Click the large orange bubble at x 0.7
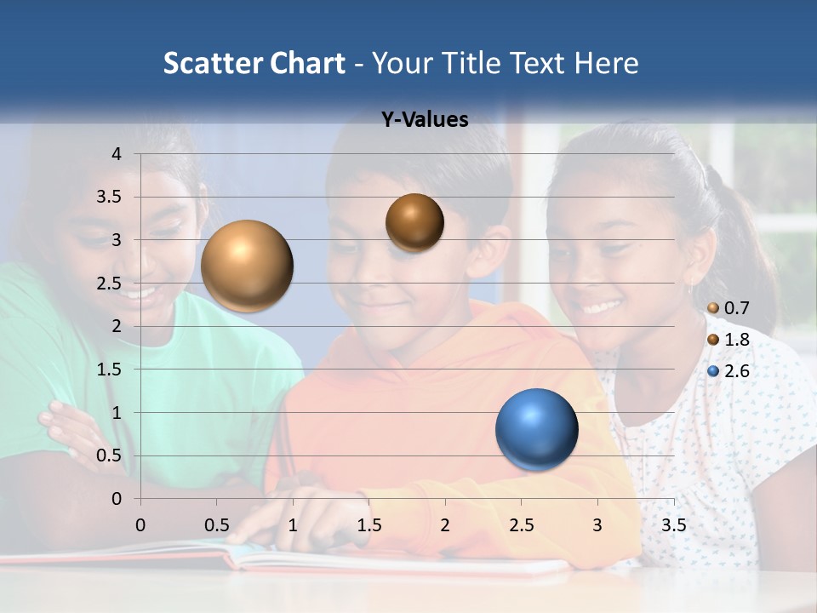click(x=248, y=266)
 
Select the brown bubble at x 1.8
click(x=414, y=222)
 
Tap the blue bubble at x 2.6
click(x=536, y=429)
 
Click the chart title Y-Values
click(x=425, y=120)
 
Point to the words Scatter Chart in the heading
click(x=254, y=63)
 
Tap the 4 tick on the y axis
click(x=117, y=154)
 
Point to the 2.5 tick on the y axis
click(x=109, y=284)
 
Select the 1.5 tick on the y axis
click(x=109, y=370)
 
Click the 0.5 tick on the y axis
click(x=109, y=455)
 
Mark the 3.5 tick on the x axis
click(x=673, y=525)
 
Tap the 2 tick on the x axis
click(x=445, y=525)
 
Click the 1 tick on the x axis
click(x=293, y=525)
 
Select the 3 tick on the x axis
click(x=597, y=525)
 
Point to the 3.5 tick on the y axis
click(x=109, y=197)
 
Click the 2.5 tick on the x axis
click(x=521, y=525)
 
